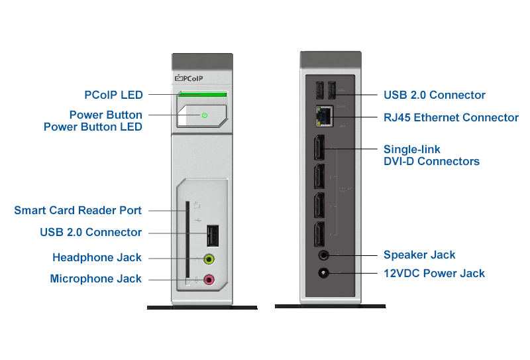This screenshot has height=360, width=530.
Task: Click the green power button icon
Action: coord(205,115)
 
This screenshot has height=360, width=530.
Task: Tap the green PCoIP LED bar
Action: coord(203,94)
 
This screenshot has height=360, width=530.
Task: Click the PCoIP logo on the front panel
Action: coord(189,79)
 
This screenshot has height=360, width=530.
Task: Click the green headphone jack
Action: coord(209,258)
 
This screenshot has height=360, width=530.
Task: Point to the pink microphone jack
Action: coord(209,280)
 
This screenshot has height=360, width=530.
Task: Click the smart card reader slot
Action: coord(187,242)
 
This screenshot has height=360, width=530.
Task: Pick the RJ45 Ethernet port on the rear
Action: coord(324,117)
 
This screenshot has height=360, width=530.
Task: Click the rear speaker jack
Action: coord(324,255)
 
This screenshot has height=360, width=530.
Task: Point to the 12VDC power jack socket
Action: coord(324,273)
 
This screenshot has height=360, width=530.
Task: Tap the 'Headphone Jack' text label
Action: coord(97,257)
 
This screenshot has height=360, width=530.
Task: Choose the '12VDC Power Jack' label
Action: coord(434,273)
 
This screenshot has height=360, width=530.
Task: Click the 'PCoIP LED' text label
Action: coord(113,95)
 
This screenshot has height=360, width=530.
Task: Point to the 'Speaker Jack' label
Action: coord(419,255)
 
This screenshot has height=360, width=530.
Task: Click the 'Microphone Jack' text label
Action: coord(95,279)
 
